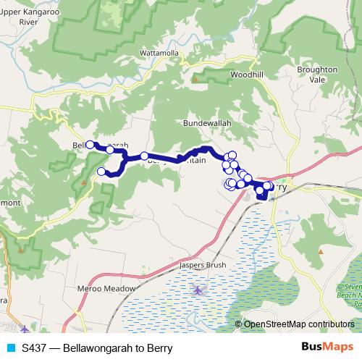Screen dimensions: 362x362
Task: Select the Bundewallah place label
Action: pos(207,124)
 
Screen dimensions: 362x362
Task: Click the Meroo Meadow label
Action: pos(106,288)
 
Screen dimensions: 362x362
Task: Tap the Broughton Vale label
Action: pos(316,75)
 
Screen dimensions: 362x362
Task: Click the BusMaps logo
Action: pos(327,347)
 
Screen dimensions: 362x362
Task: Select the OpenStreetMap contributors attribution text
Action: pos(298,324)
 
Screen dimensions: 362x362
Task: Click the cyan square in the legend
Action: pos(10,347)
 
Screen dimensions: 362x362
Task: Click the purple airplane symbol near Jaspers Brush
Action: pos(198,290)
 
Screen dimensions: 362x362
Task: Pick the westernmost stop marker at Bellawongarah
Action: pos(90,144)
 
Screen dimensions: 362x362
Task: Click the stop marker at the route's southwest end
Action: pos(101,172)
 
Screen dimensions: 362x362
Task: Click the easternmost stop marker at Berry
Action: pos(269,186)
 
